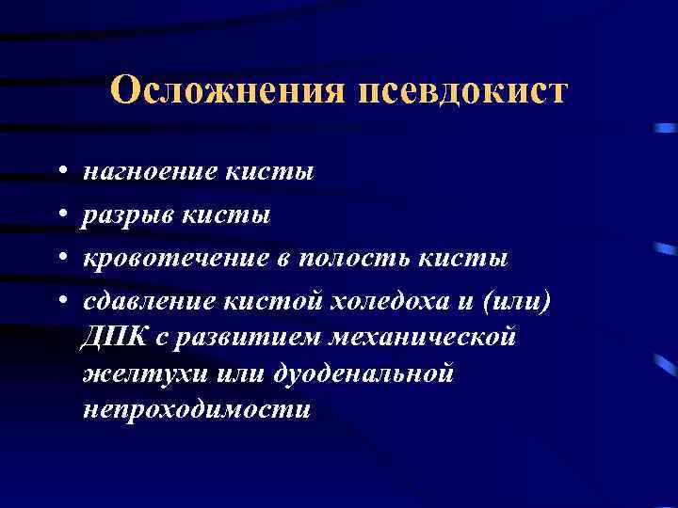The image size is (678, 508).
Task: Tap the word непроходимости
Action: pyautogui.click(x=196, y=410)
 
